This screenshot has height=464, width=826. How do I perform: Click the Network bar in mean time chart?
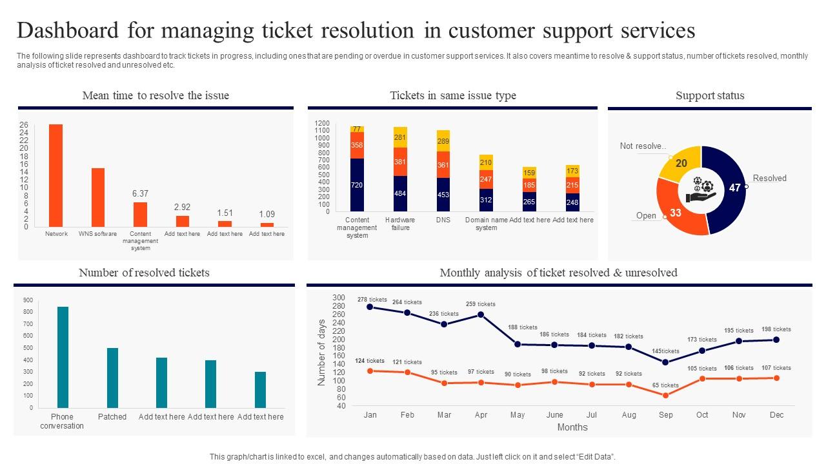tap(56, 175)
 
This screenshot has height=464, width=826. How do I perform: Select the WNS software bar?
tap(98, 197)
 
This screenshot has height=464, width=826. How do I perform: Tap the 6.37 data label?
tap(140, 193)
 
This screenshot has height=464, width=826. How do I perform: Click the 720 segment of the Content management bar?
tap(357, 185)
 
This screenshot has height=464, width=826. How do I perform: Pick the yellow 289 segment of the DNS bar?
tap(443, 140)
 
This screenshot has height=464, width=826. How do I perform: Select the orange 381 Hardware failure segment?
tap(400, 162)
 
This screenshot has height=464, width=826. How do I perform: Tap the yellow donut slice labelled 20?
tap(680, 163)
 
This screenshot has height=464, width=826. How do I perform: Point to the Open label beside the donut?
tap(646, 216)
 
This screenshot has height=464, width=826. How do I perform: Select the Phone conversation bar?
tap(63, 357)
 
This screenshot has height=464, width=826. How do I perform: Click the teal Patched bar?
tap(112, 378)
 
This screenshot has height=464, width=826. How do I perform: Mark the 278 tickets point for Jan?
tap(370, 307)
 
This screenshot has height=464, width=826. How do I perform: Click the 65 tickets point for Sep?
tap(665, 395)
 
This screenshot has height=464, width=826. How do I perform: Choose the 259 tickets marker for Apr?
tap(481, 314)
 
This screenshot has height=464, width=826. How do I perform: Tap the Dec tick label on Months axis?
tap(776, 415)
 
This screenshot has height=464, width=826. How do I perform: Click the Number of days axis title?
tap(321, 352)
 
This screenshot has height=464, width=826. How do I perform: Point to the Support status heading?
tap(710, 95)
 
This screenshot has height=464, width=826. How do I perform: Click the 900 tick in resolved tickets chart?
tap(28, 300)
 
